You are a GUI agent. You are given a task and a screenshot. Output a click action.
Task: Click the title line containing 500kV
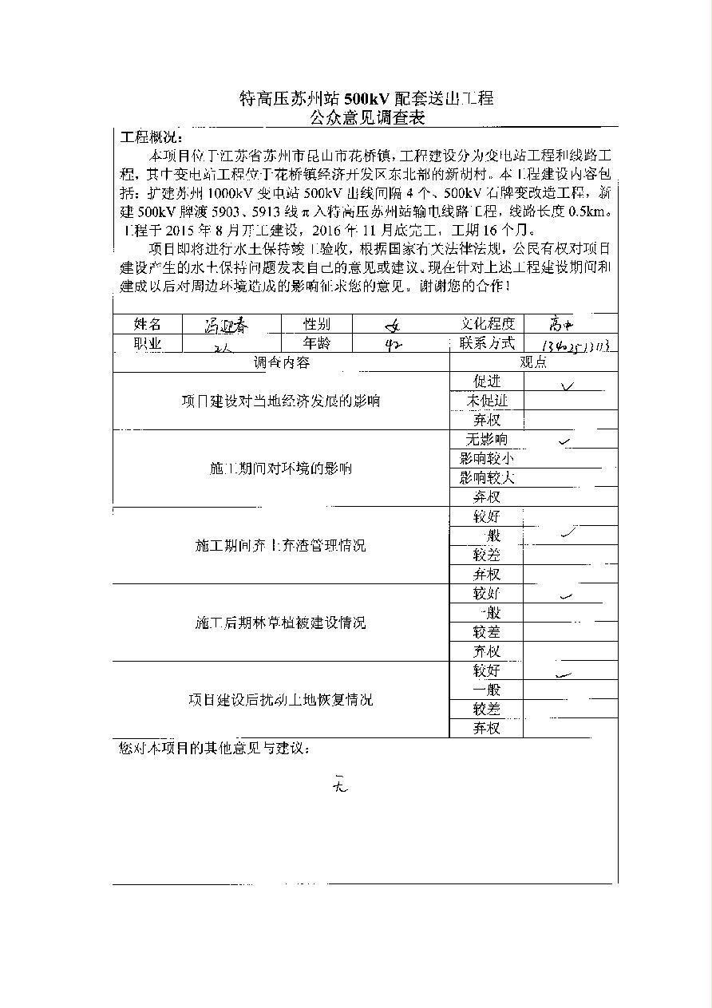(367, 99)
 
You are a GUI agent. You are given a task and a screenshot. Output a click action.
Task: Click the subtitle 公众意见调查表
(367, 119)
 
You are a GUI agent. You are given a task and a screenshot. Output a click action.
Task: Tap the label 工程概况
(150, 137)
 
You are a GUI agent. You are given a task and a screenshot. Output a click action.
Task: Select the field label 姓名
(148, 324)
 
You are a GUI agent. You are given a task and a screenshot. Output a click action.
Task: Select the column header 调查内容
(282, 363)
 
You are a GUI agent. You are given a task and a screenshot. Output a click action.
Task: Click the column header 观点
(534, 363)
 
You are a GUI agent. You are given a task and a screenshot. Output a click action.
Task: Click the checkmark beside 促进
(568, 385)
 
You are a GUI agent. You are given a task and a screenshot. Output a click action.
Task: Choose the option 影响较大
(487, 478)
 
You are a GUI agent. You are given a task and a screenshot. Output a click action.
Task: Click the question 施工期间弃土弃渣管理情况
(281, 546)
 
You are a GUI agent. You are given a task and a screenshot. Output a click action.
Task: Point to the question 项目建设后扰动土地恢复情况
(281, 700)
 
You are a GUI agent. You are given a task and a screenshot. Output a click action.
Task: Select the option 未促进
(487, 401)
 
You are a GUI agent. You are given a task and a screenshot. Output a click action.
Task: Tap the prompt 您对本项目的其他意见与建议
(213, 749)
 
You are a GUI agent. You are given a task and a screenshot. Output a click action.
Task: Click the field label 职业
(148, 344)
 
